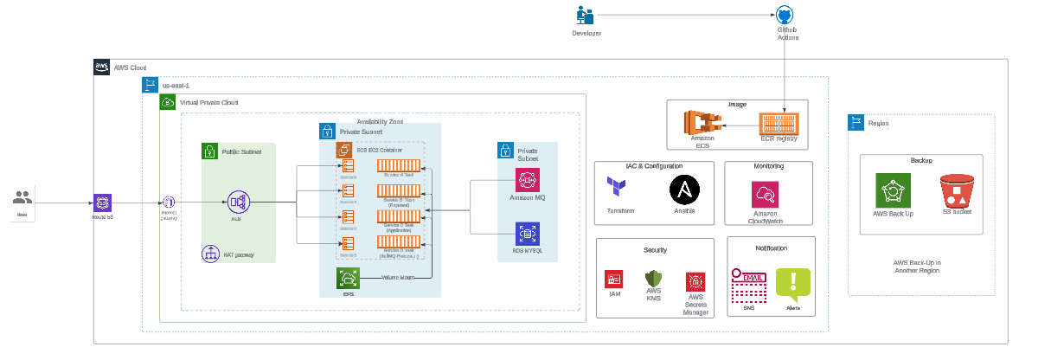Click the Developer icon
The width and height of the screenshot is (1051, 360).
click(586, 16)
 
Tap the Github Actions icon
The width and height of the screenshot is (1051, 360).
click(784, 16)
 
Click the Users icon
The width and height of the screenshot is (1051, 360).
click(22, 197)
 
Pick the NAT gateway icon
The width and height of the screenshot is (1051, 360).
click(209, 254)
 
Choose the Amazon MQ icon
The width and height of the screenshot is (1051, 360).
click(528, 180)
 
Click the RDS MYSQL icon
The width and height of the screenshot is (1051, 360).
click(528, 234)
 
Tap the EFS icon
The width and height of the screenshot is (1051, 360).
click(349, 278)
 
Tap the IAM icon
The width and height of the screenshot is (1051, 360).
click(613, 280)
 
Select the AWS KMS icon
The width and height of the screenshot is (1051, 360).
click(653, 279)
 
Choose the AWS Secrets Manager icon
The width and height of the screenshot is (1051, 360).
click(695, 280)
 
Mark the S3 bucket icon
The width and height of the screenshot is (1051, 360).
click(957, 190)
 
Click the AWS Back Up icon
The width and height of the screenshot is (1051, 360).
click(893, 190)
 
